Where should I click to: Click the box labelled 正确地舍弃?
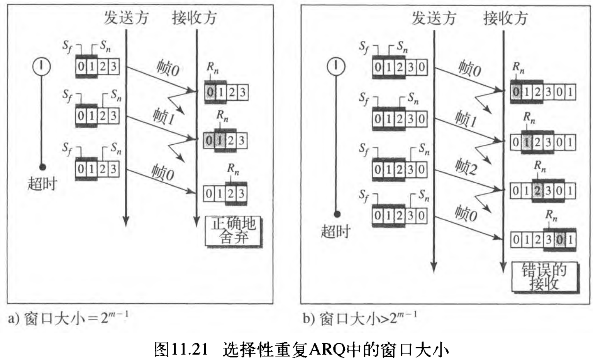click(x=233, y=231)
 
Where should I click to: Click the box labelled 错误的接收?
click(x=544, y=277)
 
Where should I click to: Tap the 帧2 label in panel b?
click(x=466, y=167)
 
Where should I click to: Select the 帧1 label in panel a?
click(x=164, y=116)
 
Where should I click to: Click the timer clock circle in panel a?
click(x=41, y=66)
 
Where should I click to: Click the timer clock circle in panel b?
click(x=336, y=66)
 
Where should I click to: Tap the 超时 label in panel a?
click(x=42, y=184)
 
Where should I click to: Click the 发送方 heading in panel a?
click(x=126, y=18)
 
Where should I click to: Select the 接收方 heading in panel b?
click(x=505, y=18)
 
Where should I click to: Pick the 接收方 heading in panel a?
click(x=194, y=18)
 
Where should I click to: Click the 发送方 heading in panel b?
click(x=434, y=18)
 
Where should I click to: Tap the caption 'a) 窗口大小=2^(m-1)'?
click(x=68, y=319)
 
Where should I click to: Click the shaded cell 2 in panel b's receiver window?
click(x=537, y=191)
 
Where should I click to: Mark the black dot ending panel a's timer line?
click(x=42, y=167)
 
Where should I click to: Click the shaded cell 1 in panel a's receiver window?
click(x=220, y=140)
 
